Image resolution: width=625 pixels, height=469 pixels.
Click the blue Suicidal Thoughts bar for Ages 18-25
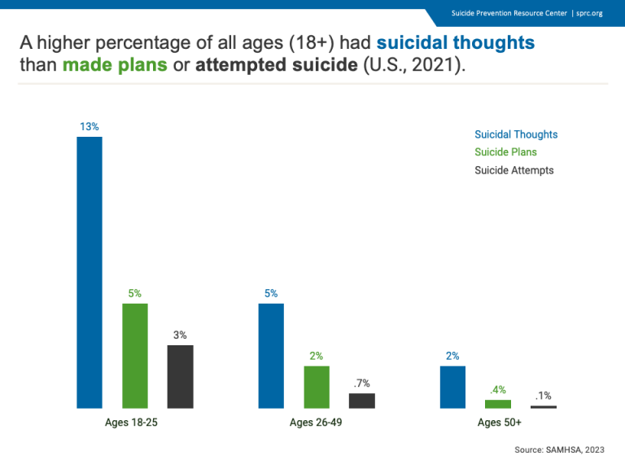click(90, 272)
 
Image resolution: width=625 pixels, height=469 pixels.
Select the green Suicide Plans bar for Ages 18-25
click(135, 355)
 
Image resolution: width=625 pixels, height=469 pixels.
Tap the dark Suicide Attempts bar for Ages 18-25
click(180, 376)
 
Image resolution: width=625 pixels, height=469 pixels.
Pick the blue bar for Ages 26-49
click(271, 355)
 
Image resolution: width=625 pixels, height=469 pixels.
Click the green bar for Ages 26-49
click(317, 387)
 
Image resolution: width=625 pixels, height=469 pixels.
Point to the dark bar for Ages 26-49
click(362, 401)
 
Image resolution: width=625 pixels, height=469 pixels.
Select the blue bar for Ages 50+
click(452, 387)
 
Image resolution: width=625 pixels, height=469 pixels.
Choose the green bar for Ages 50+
click(498, 404)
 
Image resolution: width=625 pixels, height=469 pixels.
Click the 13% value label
click(90, 126)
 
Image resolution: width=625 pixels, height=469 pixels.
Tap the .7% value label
click(362, 383)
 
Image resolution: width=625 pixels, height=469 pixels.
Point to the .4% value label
click(498, 389)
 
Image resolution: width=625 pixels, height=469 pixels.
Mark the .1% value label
click(543, 396)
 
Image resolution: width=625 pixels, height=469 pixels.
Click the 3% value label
click(180, 335)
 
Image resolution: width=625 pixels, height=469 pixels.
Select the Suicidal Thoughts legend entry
click(516, 134)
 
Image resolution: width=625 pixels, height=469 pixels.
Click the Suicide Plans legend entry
click(505, 152)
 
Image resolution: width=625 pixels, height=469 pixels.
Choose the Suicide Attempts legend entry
click(514, 170)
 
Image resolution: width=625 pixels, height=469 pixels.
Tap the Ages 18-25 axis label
click(134, 423)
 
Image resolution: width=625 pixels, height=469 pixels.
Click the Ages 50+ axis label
click(499, 423)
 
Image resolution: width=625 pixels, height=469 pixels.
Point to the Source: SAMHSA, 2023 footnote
click(559, 449)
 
